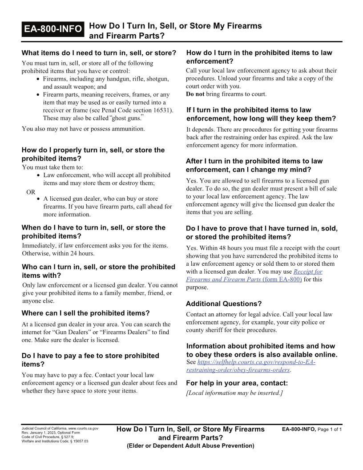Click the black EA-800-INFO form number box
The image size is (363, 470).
[53, 29]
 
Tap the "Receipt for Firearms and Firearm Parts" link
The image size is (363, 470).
[254, 276]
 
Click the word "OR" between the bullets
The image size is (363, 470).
[31, 192]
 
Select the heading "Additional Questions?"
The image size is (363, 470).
[223, 304]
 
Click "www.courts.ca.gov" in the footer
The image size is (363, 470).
[83, 428]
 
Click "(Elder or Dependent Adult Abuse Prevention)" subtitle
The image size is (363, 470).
[190, 446]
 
